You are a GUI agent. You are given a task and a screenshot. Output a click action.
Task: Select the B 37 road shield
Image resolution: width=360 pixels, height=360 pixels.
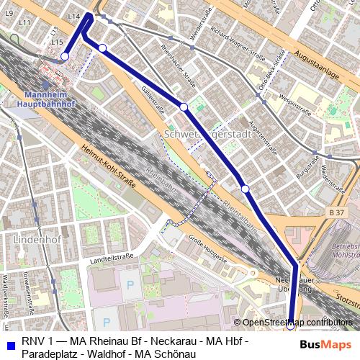336,213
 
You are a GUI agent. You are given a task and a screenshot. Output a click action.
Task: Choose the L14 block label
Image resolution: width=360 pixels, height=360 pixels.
73,16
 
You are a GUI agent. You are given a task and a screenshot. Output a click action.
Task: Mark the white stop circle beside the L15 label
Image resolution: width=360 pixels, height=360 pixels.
65,56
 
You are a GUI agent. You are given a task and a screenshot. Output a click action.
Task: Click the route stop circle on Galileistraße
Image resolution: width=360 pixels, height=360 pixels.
184,107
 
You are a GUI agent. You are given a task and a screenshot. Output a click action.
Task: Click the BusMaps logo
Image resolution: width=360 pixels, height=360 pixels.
326,345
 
